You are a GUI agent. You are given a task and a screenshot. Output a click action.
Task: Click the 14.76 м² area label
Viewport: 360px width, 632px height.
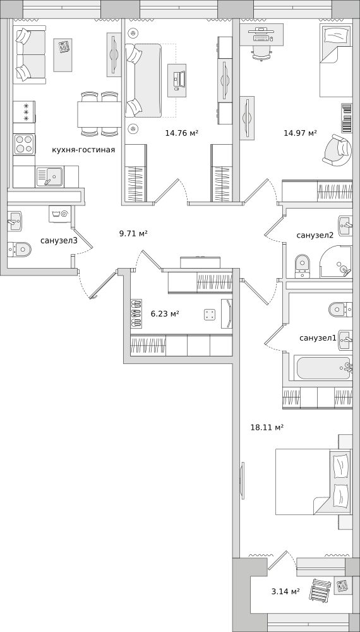(x=182, y=133)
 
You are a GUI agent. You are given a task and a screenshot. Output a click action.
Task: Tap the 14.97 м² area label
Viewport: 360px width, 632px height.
(x=300, y=133)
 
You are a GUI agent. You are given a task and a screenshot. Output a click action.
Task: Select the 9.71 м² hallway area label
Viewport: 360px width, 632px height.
(x=133, y=233)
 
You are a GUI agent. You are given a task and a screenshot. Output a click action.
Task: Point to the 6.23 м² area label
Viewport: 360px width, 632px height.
(x=165, y=313)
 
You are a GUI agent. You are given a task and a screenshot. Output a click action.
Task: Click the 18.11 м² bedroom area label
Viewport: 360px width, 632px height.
(x=267, y=427)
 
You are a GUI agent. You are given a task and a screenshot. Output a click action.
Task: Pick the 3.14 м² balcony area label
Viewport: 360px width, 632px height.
(x=285, y=592)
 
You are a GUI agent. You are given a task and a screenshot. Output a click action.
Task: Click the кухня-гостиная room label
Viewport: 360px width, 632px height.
(x=83, y=150)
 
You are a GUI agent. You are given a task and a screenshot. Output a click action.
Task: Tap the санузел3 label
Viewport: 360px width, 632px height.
(x=59, y=241)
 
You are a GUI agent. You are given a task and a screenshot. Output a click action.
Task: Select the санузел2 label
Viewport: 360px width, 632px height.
(x=315, y=235)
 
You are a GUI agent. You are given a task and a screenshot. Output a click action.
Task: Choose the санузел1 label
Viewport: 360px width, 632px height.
(x=318, y=338)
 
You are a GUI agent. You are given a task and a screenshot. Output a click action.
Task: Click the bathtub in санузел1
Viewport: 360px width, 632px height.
(x=324, y=367)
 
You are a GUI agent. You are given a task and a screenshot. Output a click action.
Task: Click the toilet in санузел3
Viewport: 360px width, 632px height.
(x=19, y=249)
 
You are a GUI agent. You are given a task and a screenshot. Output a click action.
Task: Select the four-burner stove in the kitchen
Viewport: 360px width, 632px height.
(x=24, y=144)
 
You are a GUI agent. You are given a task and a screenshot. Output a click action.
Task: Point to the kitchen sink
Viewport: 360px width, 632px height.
(x=49, y=177)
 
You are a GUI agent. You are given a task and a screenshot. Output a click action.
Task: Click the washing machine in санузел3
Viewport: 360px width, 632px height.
(x=60, y=214)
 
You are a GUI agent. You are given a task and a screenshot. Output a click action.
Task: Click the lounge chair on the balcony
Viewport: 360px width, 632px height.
(x=320, y=590)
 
